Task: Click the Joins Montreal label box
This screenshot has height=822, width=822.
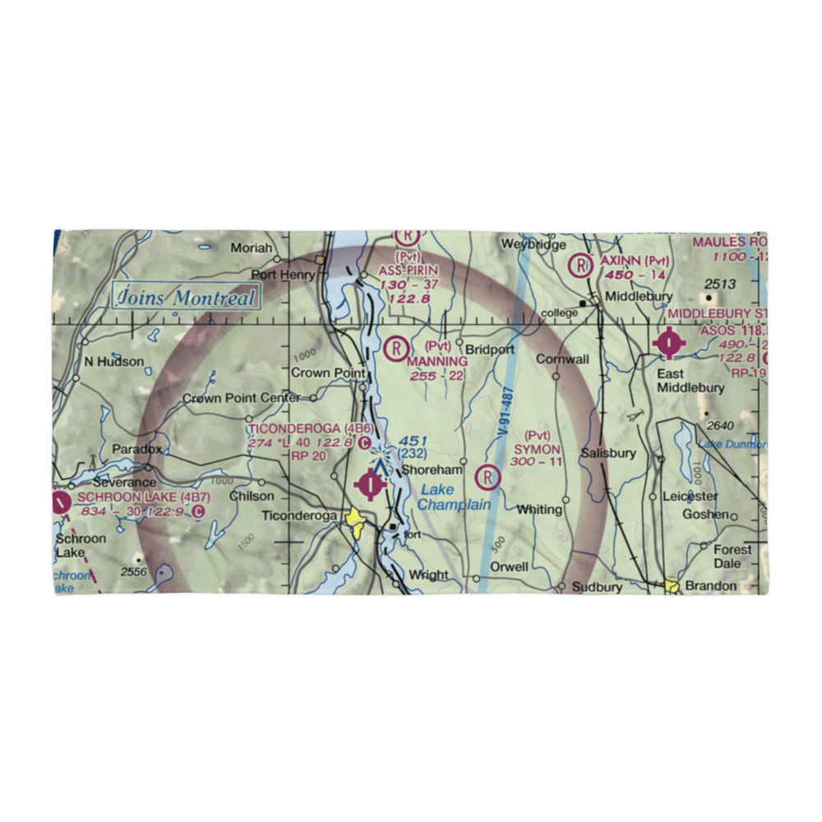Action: click(185, 298)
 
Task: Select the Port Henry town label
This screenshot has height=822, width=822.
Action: click(284, 275)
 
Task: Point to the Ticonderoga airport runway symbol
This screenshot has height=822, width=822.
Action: click(373, 484)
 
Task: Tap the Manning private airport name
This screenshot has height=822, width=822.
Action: click(438, 362)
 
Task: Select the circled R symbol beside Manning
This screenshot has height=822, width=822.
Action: click(397, 349)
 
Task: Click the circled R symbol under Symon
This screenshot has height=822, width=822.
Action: click(489, 477)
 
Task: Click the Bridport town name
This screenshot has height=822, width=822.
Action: click(490, 349)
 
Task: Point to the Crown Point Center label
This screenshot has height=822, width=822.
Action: click(241, 399)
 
